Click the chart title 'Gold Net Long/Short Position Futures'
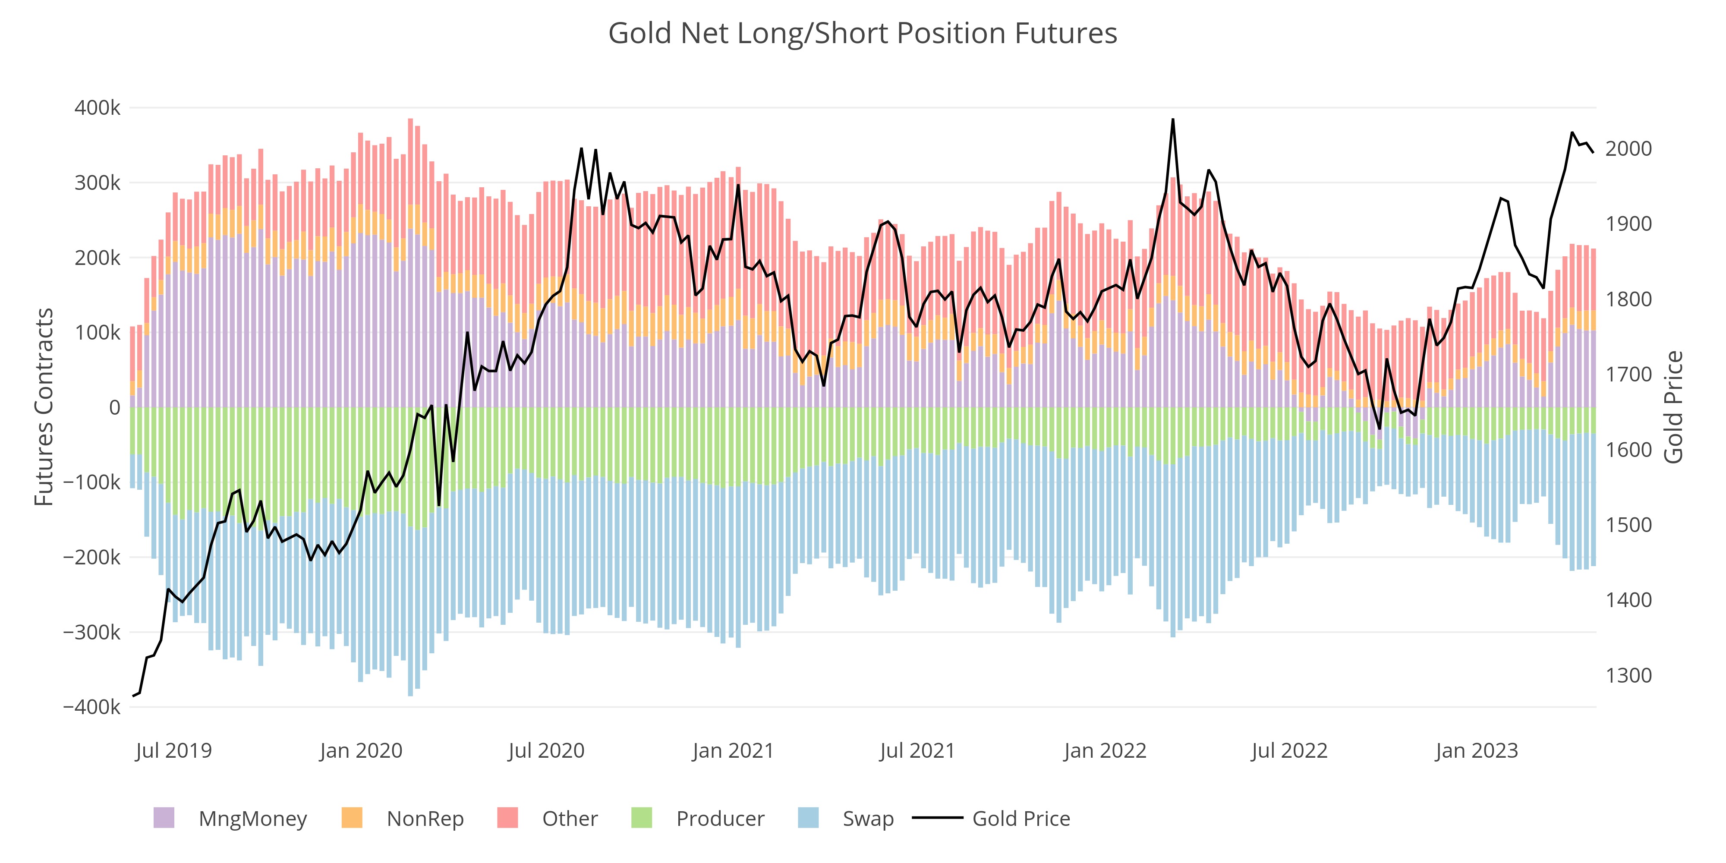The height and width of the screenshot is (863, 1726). (x=862, y=34)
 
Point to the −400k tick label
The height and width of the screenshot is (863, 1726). (x=92, y=707)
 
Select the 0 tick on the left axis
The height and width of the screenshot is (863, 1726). (x=115, y=407)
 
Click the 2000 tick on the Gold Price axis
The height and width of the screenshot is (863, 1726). (x=1628, y=149)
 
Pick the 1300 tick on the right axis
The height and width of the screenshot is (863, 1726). (x=1628, y=675)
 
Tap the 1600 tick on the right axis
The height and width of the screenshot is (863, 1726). (x=1628, y=450)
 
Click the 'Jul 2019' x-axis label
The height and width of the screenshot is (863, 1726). (x=173, y=750)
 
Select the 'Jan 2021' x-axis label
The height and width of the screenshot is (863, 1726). (x=733, y=750)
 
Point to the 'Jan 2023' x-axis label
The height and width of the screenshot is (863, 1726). (x=1476, y=750)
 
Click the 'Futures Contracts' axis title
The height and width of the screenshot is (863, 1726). (x=44, y=407)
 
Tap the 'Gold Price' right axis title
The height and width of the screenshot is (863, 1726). (x=1673, y=407)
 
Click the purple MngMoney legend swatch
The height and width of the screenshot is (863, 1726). (x=164, y=818)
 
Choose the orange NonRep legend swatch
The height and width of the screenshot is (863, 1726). (x=352, y=818)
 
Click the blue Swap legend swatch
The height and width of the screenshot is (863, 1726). (x=809, y=818)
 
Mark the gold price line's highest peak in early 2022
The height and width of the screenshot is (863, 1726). (x=1172, y=120)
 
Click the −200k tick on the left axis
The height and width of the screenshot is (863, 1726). (x=92, y=557)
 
